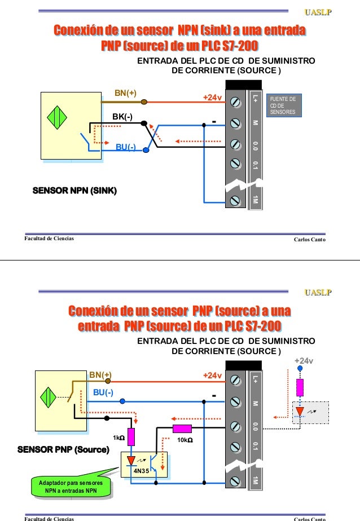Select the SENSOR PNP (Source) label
pyautogui.click(x=62, y=449)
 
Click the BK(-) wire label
pyautogui.click(x=122, y=117)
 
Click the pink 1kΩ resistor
pyautogui.click(x=131, y=436)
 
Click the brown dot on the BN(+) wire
pyautogui.click(x=144, y=102)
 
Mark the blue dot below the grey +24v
pyautogui.click(x=300, y=368)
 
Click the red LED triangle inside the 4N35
pyautogui.click(x=131, y=461)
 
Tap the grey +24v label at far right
pyautogui.click(x=305, y=360)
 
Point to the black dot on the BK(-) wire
pyautogui.click(x=144, y=123)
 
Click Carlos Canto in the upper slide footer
pyautogui.click(x=310, y=241)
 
